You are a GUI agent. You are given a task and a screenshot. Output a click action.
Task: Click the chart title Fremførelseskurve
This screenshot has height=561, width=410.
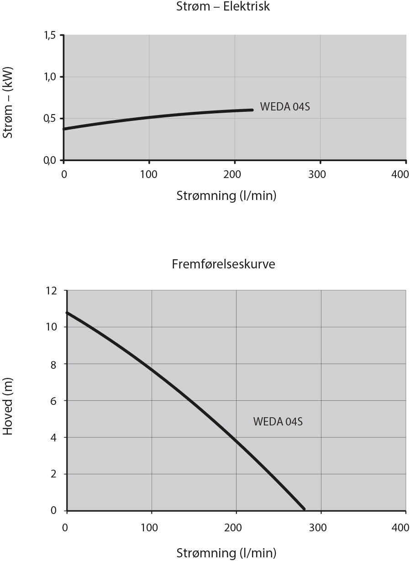click(x=224, y=264)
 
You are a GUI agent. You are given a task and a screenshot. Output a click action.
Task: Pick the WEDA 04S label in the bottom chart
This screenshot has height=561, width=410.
click(x=278, y=422)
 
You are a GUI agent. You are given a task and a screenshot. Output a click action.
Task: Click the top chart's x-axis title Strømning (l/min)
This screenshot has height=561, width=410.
click(x=226, y=196)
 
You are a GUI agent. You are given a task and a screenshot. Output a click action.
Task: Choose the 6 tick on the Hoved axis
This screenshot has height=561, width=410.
click(x=55, y=401)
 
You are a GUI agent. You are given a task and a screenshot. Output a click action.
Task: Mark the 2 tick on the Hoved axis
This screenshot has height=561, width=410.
click(x=55, y=474)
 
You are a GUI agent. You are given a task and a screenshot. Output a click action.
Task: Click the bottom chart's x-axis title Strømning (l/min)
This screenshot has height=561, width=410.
click(x=226, y=553)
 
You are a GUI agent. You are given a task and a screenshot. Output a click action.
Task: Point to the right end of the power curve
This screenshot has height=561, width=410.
click(x=252, y=110)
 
